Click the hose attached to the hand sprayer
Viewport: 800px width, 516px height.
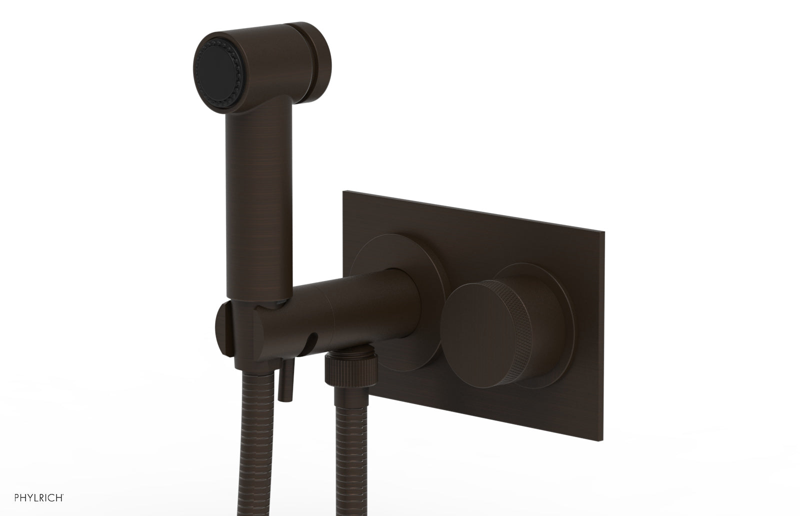252,450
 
